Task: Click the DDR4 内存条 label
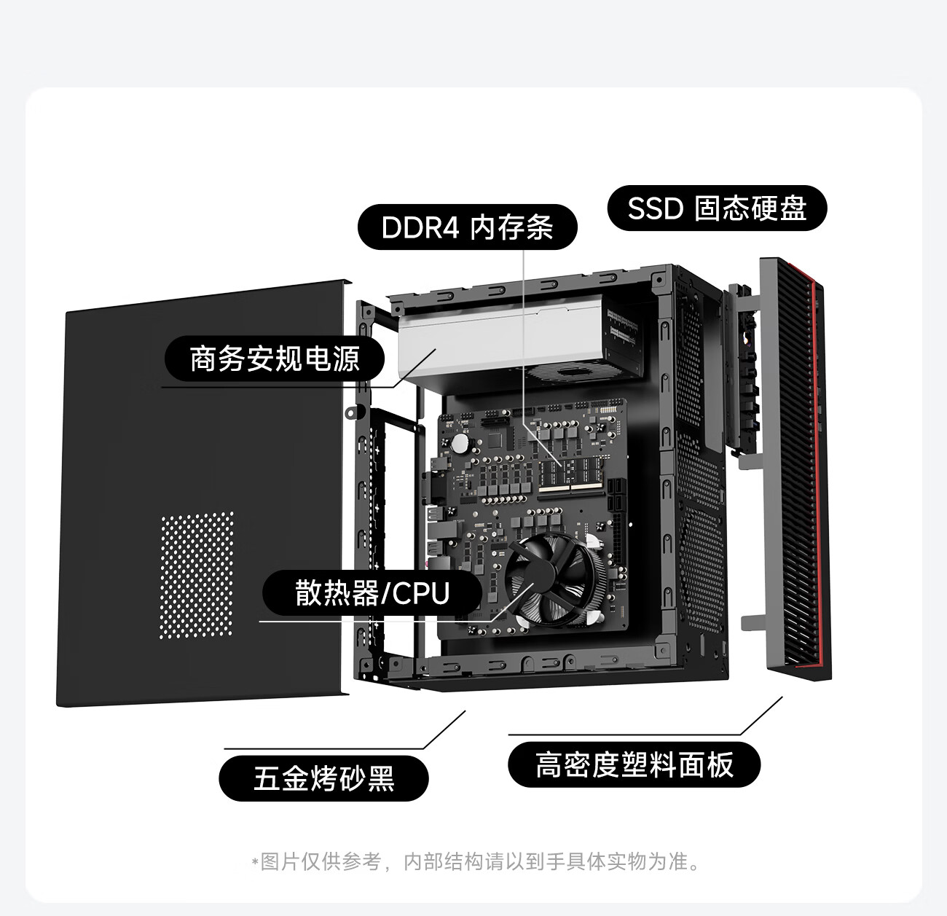pos(467,227)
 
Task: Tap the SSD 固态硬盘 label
pos(717,208)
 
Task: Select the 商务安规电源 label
pos(275,359)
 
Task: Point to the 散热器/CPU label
pos(372,593)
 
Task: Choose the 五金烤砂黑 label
pos(323,778)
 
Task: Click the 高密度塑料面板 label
pos(634,764)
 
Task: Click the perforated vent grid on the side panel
pos(197,575)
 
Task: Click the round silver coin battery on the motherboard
pos(460,443)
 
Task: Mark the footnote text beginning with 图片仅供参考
pos(476,862)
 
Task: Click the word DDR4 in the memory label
pos(420,227)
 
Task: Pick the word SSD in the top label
pos(656,208)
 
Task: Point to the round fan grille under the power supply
pos(570,372)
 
